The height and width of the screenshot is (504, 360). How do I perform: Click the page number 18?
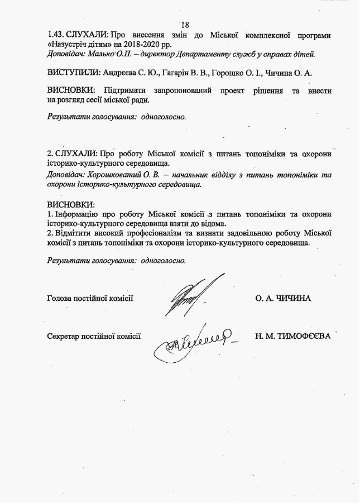pos(186,25)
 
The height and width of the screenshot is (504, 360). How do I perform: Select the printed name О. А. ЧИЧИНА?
pos(283,299)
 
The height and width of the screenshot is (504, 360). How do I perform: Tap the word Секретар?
pos(64,337)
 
